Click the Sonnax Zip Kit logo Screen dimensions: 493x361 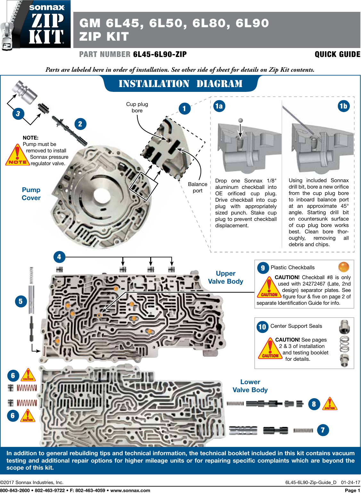click(x=36, y=25)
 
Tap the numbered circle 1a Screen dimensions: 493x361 click(x=219, y=106)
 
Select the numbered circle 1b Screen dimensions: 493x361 click(x=343, y=106)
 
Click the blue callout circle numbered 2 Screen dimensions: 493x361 click(x=80, y=124)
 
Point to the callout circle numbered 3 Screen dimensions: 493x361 click(x=18, y=113)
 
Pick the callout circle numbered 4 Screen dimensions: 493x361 click(x=59, y=257)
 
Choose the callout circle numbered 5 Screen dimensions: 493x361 click(x=21, y=301)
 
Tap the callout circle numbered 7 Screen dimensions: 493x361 click(x=323, y=430)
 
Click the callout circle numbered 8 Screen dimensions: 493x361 click(x=314, y=404)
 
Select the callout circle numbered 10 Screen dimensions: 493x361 click(x=262, y=327)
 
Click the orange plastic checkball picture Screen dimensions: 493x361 click(x=344, y=267)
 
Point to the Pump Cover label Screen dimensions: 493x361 click(x=31, y=194)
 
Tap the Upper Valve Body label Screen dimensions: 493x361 click(x=226, y=277)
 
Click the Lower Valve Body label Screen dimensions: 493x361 click(x=250, y=386)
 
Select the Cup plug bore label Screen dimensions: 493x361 click(x=137, y=107)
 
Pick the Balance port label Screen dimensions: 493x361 click(x=198, y=187)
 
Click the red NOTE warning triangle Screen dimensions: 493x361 click(x=17, y=156)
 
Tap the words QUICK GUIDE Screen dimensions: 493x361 click(x=337, y=54)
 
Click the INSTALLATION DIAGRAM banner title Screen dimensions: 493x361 click(x=181, y=84)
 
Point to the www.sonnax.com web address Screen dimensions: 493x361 click(x=130, y=490)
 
